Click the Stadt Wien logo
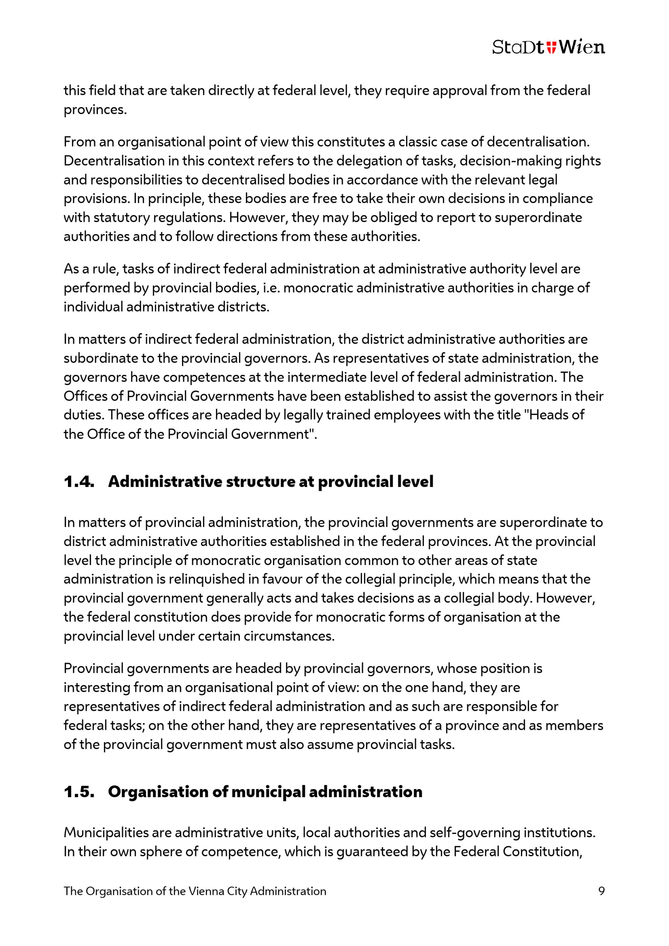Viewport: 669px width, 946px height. coord(548,47)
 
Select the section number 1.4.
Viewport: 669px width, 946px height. coord(79,482)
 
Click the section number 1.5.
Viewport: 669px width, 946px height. coord(79,792)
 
